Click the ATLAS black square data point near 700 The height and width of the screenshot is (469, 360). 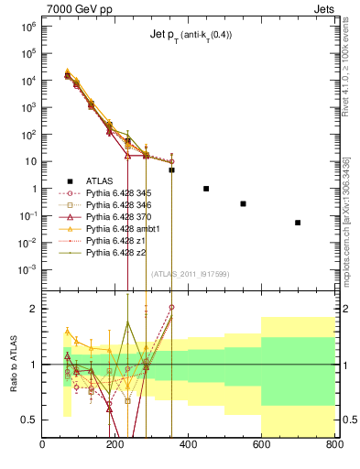click(298, 223)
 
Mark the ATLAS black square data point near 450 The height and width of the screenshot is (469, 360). click(207, 189)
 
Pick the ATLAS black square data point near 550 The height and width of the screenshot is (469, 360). click(243, 203)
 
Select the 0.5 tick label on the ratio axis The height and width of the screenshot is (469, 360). click(29, 420)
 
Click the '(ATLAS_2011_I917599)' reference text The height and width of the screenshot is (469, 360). click(190, 273)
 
